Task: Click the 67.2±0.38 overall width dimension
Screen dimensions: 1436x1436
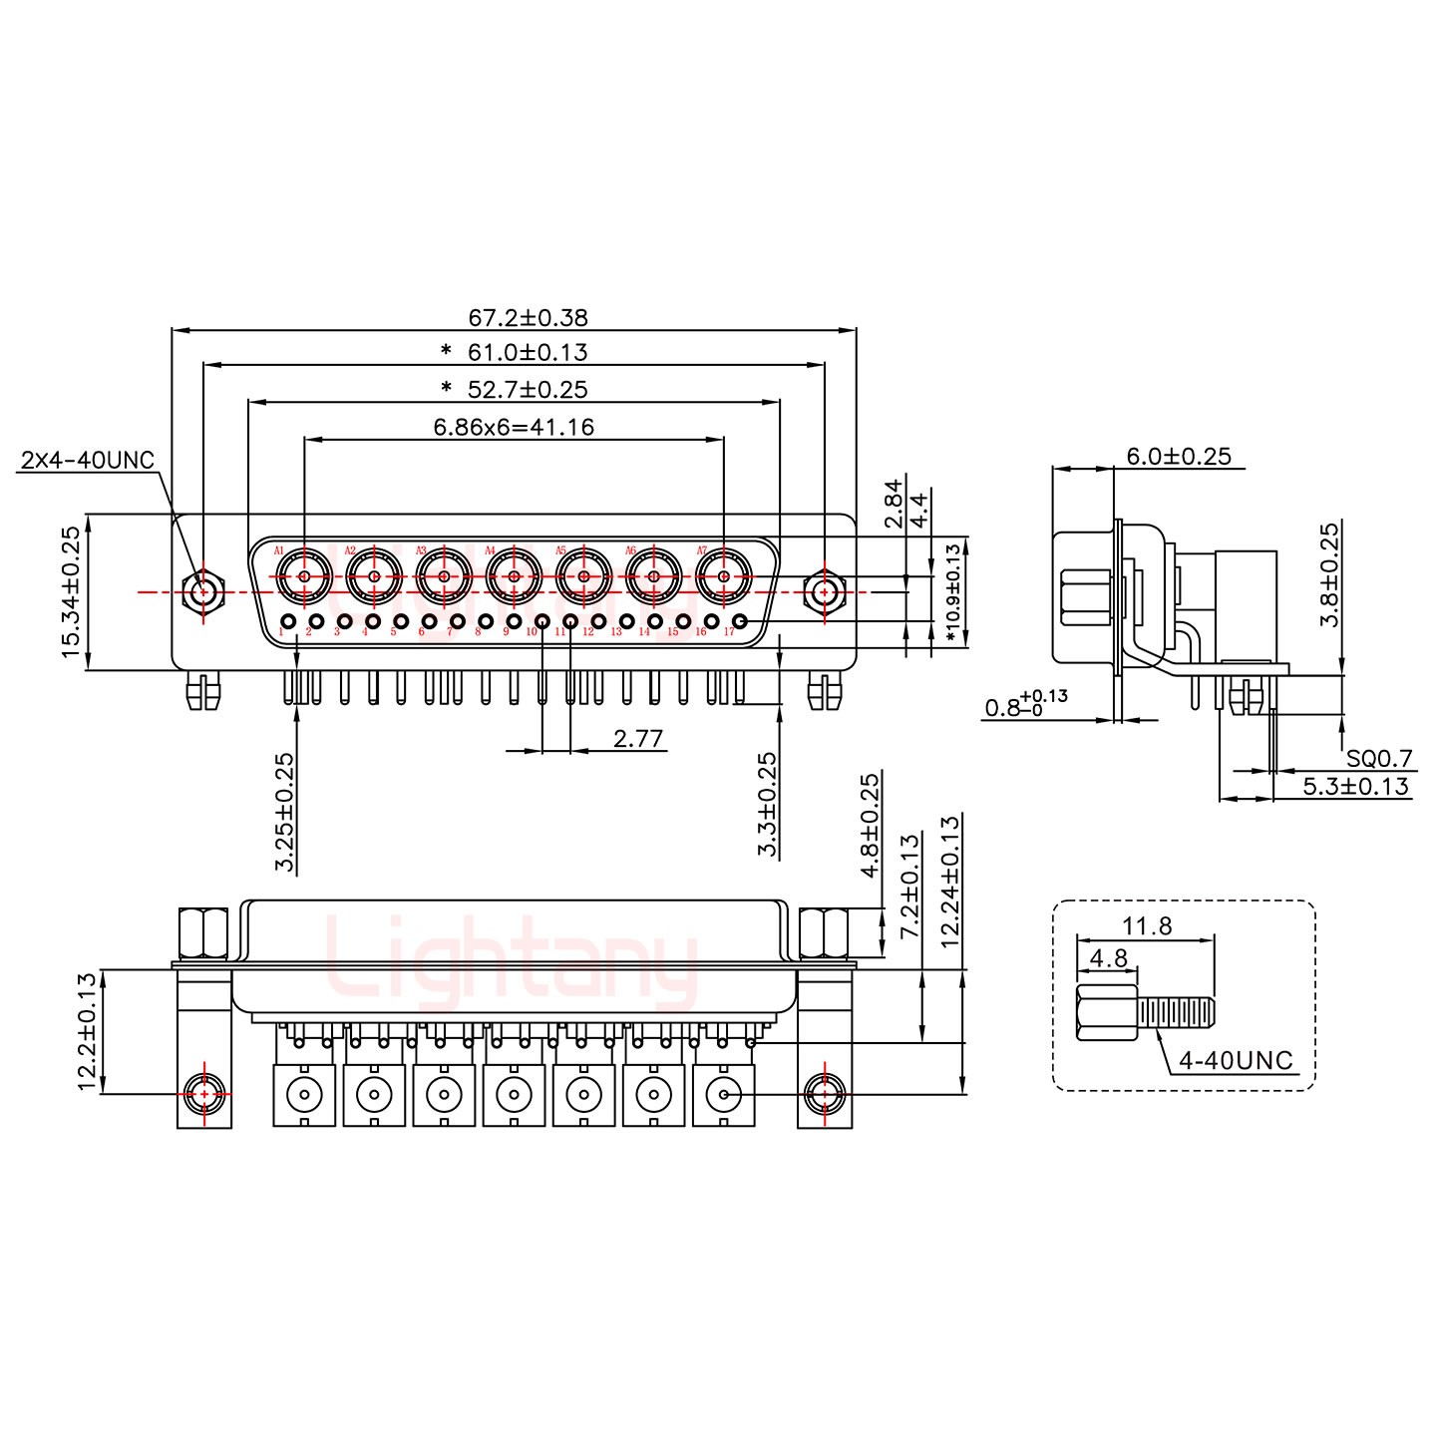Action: pyautogui.click(x=528, y=318)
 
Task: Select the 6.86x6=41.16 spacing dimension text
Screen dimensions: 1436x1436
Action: pyautogui.click(x=514, y=428)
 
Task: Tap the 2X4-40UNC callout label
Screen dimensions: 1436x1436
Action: pyautogui.click(x=88, y=460)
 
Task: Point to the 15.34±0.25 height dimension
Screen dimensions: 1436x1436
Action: pyautogui.click(x=71, y=592)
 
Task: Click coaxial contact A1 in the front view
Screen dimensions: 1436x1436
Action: pyautogui.click(x=303, y=575)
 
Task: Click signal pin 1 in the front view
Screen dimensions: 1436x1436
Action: pyautogui.click(x=288, y=624)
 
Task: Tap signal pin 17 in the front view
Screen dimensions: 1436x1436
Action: pyautogui.click(x=740, y=624)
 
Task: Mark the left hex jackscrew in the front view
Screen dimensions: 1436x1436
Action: pyautogui.click(x=202, y=592)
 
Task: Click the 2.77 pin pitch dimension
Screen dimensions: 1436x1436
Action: pyautogui.click(x=638, y=739)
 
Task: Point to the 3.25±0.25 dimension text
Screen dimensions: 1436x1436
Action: pyautogui.click(x=286, y=812)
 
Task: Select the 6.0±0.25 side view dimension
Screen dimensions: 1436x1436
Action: pyautogui.click(x=1179, y=457)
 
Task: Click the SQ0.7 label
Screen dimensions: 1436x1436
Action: pyautogui.click(x=1379, y=759)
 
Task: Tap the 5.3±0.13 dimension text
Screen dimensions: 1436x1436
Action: pyautogui.click(x=1356, y=787)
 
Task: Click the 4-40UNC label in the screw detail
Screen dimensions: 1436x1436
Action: pyautogui.click(x=1236, y=1060)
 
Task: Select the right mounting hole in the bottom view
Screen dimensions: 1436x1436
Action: pyautogui.click(x=824, y=1094)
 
